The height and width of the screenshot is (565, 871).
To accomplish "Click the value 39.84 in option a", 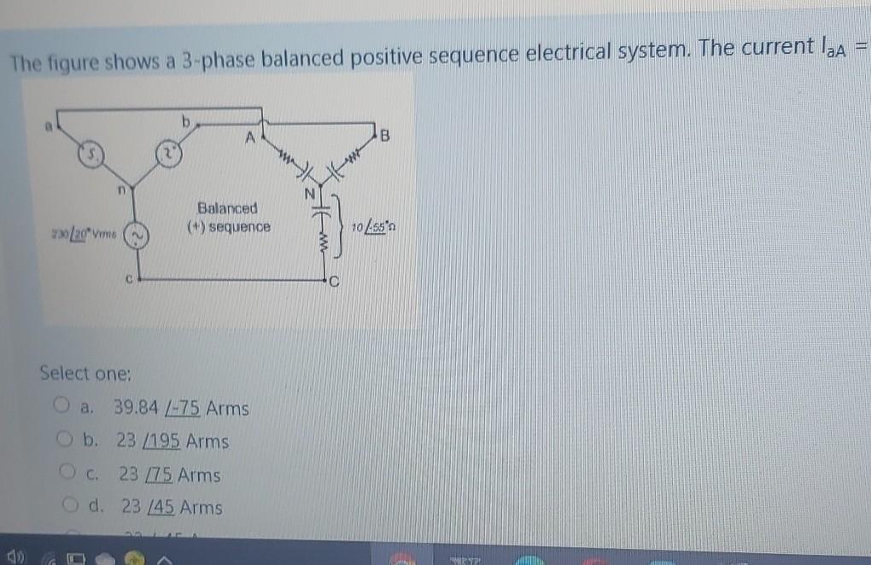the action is [x=135, y=409].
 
